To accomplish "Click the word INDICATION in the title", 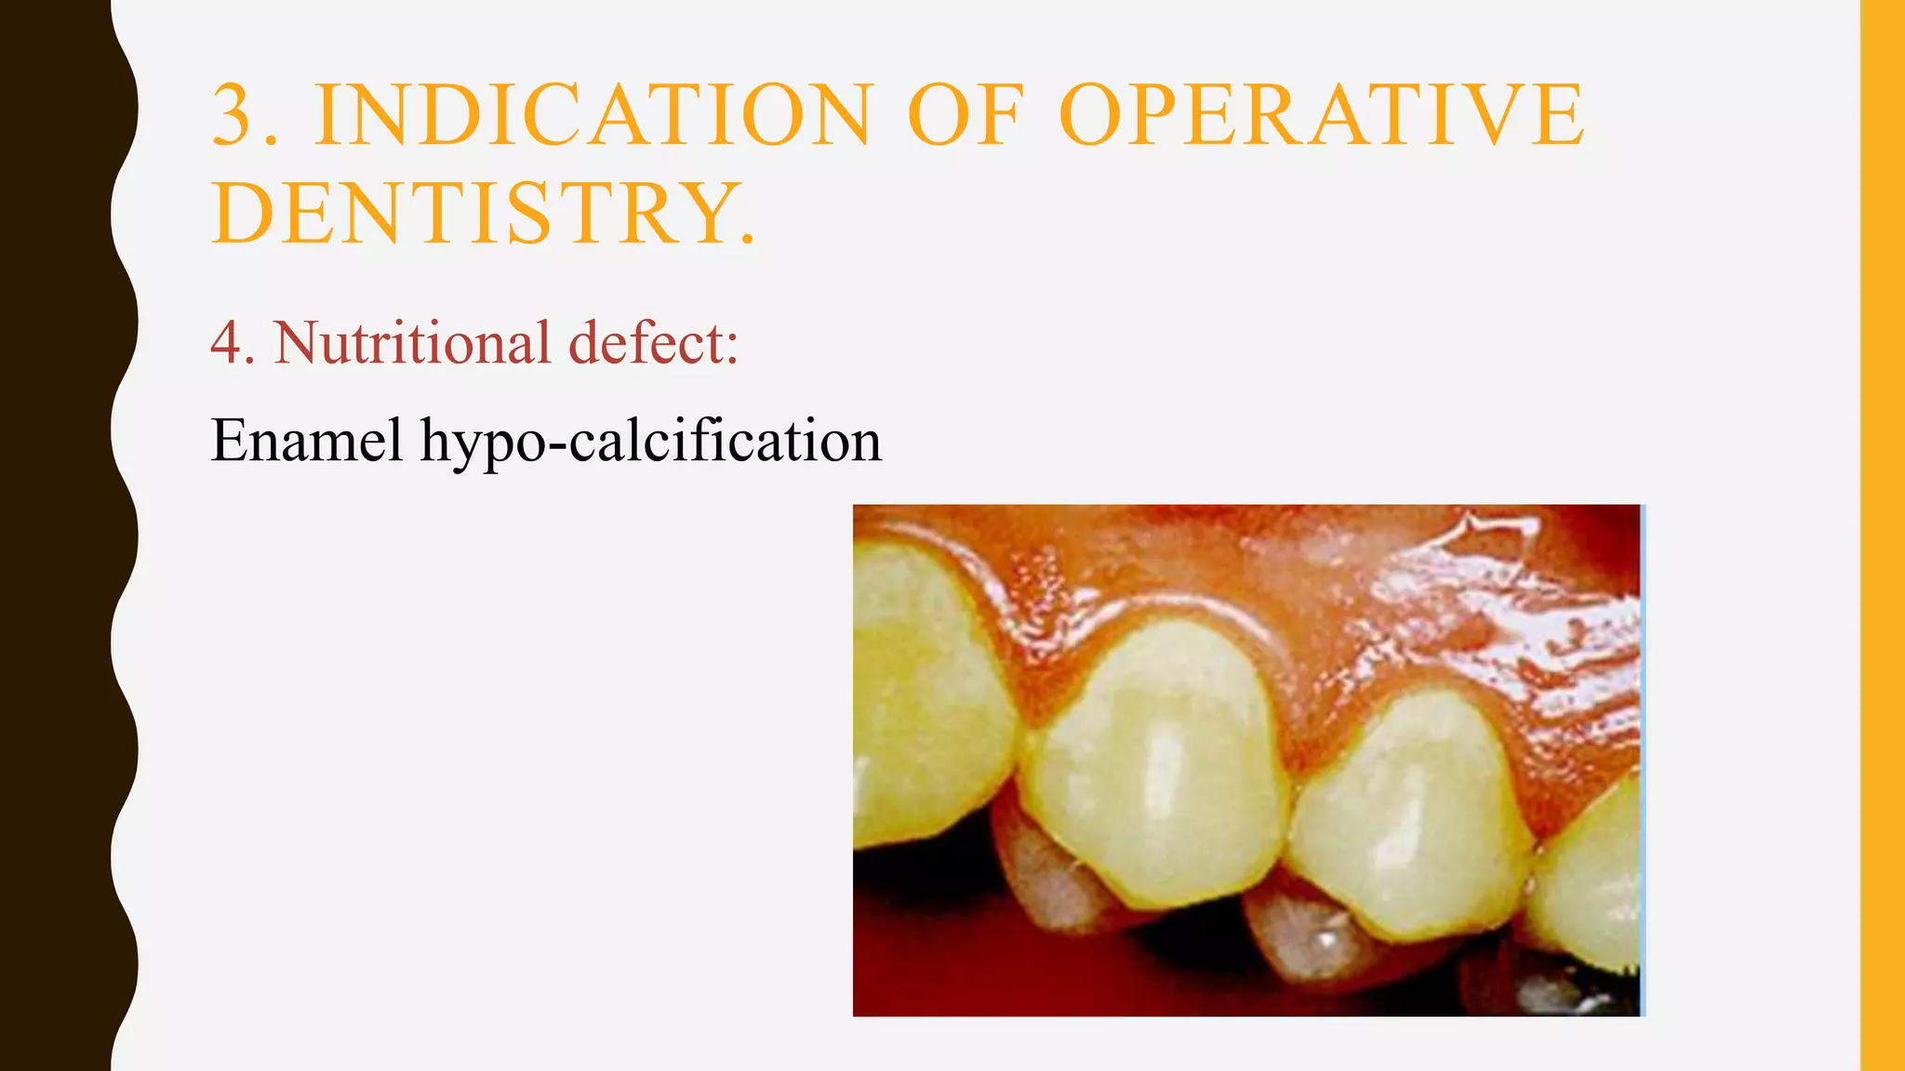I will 593,115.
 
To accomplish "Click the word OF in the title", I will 965,115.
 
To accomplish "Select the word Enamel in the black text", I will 307,440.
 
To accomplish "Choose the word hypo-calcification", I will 650,440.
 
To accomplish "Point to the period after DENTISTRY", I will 748,240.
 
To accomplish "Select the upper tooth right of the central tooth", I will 1409,818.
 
